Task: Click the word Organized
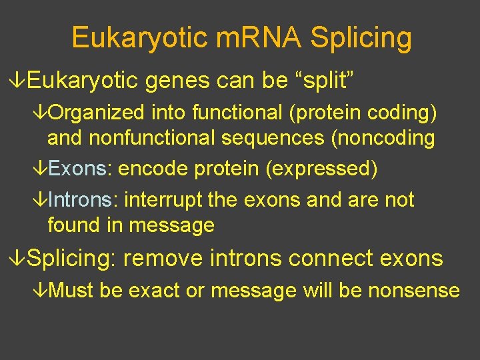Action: pyautogui.click(x=97, y=114)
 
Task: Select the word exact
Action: pyautogui.click(x=152, y=291)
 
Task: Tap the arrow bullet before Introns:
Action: pyautogui.click(x=41, y=200)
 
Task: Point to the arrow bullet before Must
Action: pyautogui.click(x=41, y=291)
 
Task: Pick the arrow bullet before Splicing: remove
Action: pyautogui.click(x=20, y=259)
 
